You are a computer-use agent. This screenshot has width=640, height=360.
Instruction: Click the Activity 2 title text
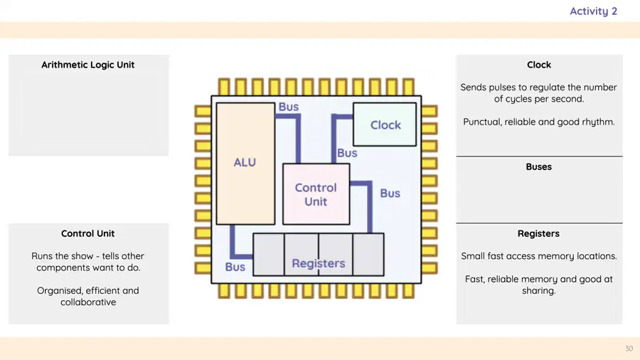[x=594, y=11]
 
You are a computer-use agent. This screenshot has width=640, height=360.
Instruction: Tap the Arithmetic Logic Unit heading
[x=87, y=65]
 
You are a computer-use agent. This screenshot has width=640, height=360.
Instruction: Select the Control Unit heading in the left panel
[x=87, y=233]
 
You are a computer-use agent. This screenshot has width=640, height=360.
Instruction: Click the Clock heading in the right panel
[x=539, y=65]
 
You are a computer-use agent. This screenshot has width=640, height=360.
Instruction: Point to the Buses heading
[x=539, y=167]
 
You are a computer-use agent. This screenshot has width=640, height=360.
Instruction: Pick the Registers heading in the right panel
[x=539, y=234]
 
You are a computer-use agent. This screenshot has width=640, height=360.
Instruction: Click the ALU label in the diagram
[x=245, y=162]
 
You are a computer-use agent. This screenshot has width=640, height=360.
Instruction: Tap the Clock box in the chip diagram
[x=385, y=125]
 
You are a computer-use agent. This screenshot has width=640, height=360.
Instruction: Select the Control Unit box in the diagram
[x=316, y=194]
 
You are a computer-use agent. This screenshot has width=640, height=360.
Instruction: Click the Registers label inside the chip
[x=319, y=264]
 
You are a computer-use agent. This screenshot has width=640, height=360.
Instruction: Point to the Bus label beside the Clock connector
[x=347, y=153]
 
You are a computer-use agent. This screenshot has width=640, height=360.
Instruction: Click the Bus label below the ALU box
[x=235, y=267]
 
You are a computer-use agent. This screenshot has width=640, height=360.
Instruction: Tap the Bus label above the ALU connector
[x=289, y=107]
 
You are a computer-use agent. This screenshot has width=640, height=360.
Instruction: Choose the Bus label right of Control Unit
[x=390, y=194]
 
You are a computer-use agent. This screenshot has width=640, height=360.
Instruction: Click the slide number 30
[x=629, y=349]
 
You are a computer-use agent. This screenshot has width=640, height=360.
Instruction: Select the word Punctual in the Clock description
[x=481, y=122]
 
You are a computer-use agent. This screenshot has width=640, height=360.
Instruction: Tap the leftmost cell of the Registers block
[x=269, y=255]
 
